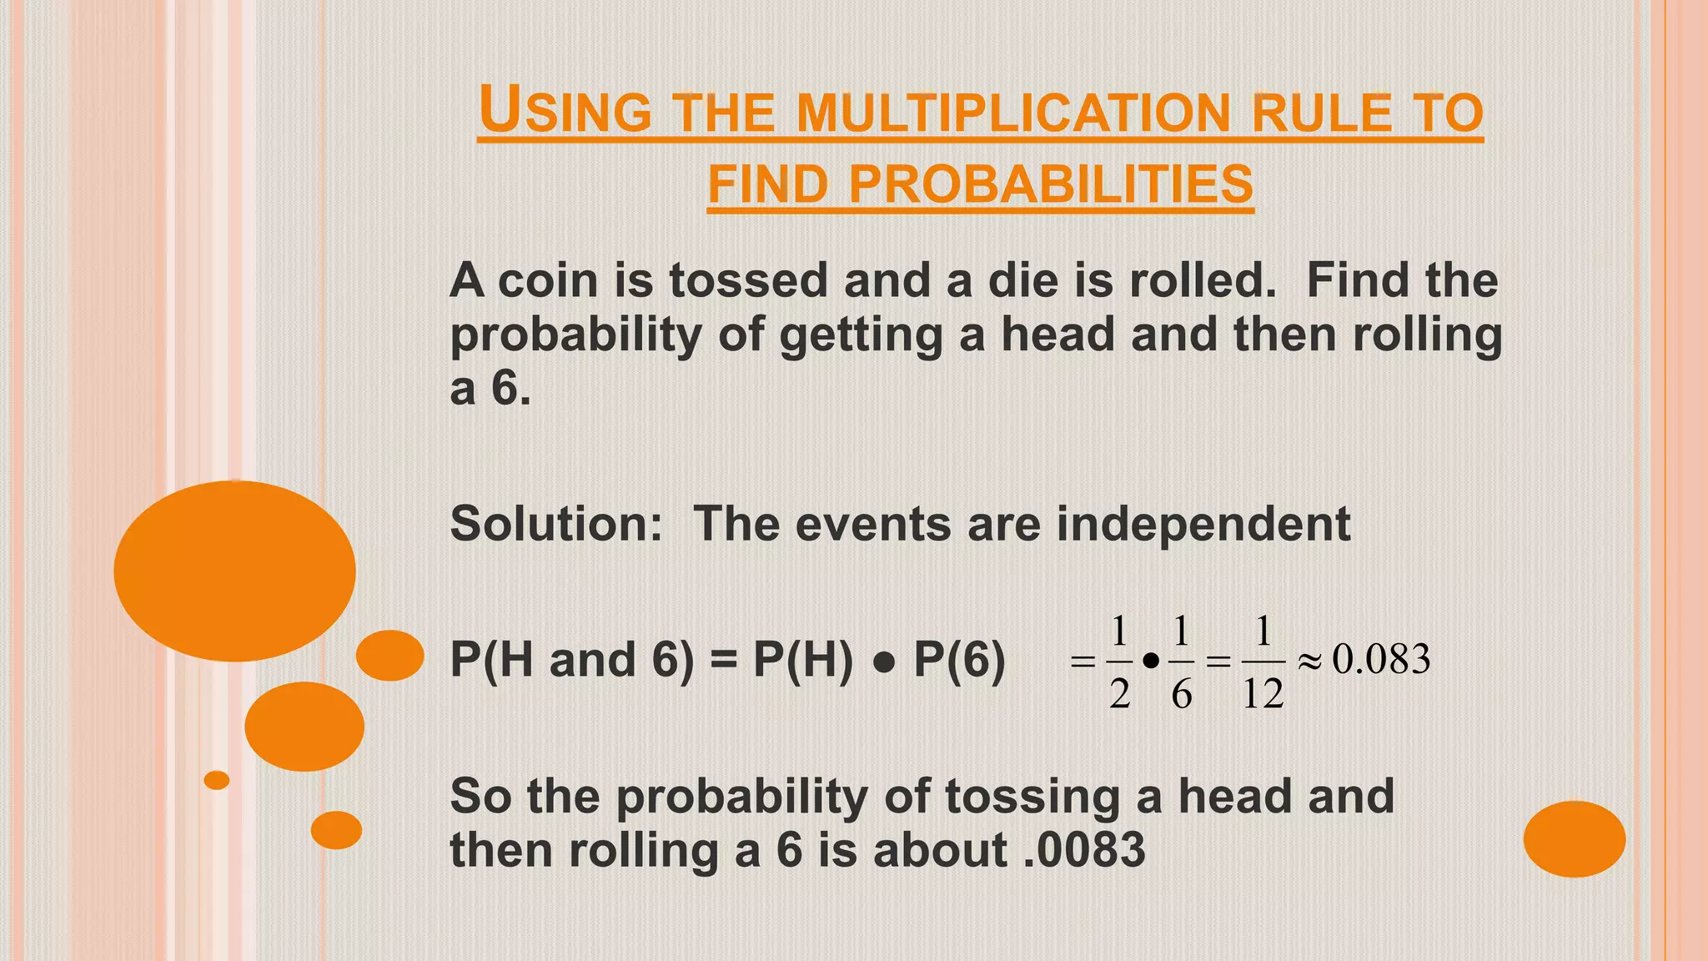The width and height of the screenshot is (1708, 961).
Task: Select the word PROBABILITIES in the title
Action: [1051, 184]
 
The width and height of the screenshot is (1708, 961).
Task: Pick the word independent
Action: [1203, 524]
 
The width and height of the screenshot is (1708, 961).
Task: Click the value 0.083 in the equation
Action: [1381, 659]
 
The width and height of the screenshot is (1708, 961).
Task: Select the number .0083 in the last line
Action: [1084, 850]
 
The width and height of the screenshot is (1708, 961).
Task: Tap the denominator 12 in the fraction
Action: [1263, 694]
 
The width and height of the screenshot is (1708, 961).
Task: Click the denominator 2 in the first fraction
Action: [1119, 694]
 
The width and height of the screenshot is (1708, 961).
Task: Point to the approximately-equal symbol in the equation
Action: [1309, 662]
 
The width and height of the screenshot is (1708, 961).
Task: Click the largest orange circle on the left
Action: [234, 571]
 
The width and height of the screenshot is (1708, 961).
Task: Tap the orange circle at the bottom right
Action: [1575, 838]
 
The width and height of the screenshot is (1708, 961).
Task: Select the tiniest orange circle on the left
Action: [217, 780]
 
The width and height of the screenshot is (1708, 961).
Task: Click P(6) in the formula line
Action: [959, 660]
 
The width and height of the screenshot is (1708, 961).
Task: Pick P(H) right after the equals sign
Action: [803, 660]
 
